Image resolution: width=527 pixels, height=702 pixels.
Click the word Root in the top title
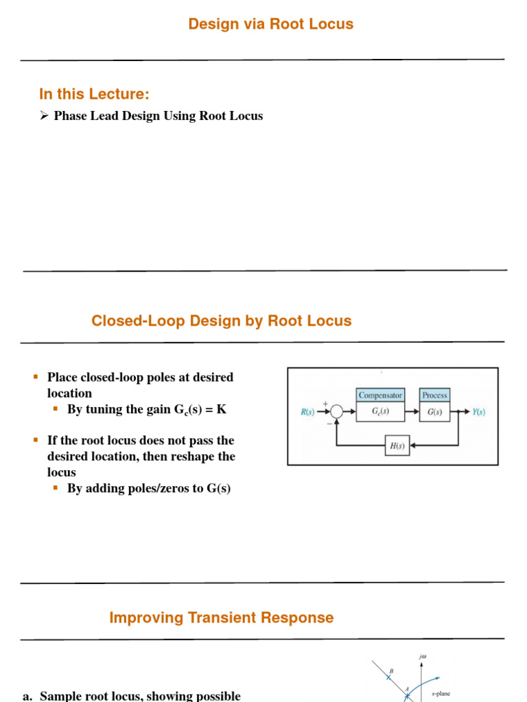pos(286,24)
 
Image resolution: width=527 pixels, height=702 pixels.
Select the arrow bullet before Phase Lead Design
pos(45,116)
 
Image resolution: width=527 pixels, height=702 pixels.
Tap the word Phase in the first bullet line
pos(70,116)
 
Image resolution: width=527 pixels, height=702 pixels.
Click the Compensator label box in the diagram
pos(380,396)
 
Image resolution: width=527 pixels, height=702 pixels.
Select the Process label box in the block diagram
pos(434,396)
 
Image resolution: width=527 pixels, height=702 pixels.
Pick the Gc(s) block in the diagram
pos(380,412)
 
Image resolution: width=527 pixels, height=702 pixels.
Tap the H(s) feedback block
pos(397,446)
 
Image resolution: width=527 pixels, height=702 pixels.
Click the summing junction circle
pos(337,412)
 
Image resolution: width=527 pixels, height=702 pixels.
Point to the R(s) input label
pos(307,412)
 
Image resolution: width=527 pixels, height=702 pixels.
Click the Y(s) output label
pos(478,412)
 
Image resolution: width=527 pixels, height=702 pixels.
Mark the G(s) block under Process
pos(434,412)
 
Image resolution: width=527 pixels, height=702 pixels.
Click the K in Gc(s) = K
pos(222,409)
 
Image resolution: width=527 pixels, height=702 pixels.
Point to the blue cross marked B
pos(388,676)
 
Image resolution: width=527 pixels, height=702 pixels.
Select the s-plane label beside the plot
pos(441,694)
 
